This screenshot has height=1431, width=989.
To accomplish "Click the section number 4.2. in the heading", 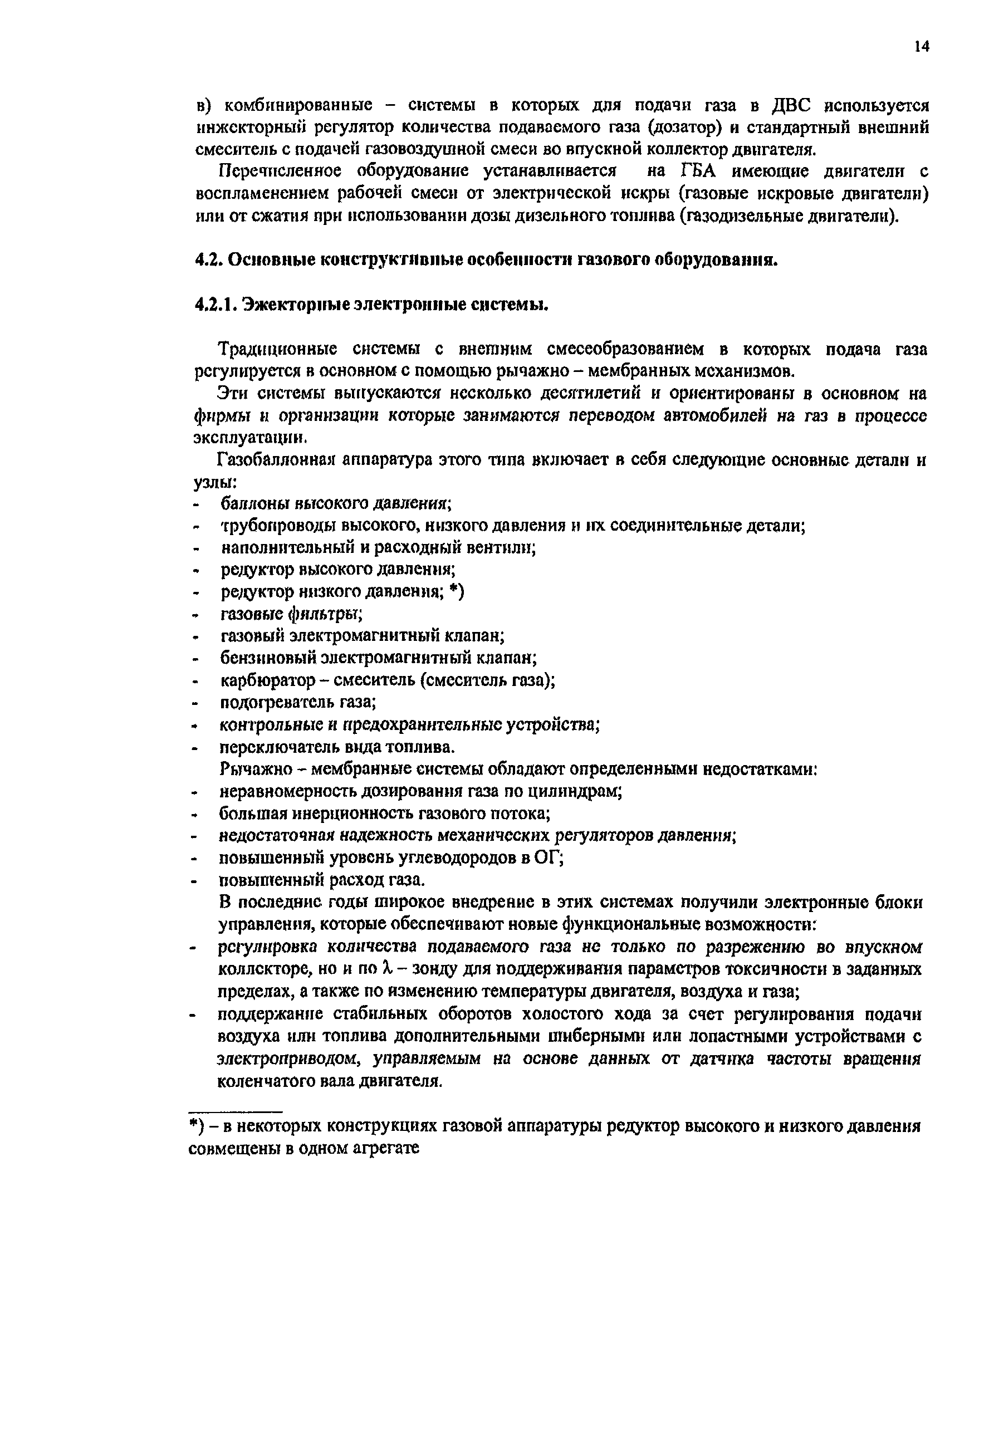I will click(209, 259).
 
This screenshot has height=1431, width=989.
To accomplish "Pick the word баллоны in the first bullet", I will click(252, 504).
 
